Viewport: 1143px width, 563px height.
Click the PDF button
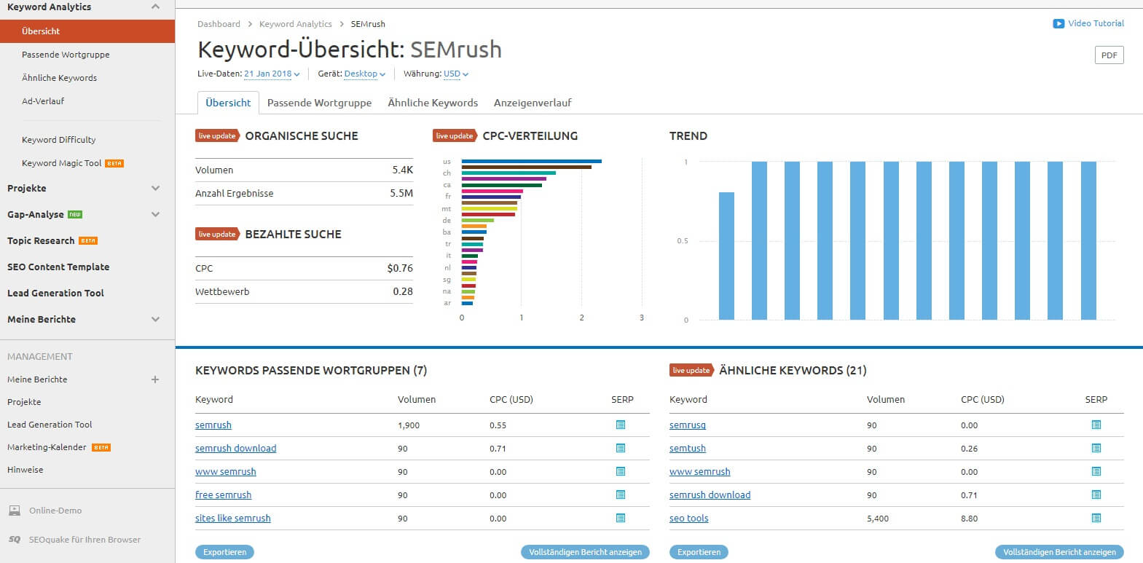1109,55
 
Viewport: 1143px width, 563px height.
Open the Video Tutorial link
1095,23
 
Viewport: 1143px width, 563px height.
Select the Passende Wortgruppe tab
319,103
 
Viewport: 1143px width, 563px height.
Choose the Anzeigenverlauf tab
533,103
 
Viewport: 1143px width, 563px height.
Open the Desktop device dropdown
364,74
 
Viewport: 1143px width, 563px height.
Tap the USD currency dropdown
455,74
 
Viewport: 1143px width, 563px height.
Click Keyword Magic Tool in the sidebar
62,163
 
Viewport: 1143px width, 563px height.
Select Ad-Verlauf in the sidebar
43,101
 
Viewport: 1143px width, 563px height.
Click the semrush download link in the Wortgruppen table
235,449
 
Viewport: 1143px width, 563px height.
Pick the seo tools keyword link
688,519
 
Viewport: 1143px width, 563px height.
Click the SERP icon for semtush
1096,449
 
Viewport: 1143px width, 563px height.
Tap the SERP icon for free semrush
621,495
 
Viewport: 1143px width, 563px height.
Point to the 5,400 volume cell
877,519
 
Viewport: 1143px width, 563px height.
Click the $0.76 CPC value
400,268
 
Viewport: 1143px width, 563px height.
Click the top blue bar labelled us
531,161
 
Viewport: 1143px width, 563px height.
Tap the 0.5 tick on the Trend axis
682,241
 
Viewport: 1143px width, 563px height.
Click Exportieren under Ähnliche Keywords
699,552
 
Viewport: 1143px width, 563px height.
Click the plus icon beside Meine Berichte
155,379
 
